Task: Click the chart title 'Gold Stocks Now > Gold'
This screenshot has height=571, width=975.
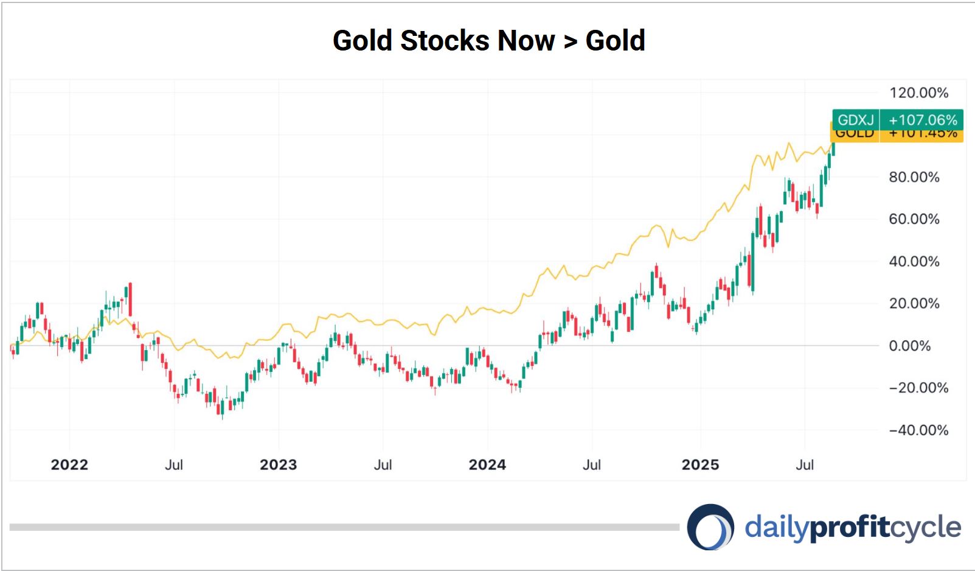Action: pyautogui.click(x=488, y=41)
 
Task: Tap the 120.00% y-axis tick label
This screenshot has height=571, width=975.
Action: pyautogui.click(x=918, y=93)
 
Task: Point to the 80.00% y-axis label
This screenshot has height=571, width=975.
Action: pyautogui.click(x=914, y=177)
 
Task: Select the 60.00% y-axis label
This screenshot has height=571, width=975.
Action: pyautogui.click(x=914, y=219)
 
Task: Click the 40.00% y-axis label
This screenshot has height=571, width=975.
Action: pyautogui.click(x=914, y=262)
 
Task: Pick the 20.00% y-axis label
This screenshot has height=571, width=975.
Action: pyautogui.click(x=914, y=304)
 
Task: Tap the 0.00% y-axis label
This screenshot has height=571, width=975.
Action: pyautogui.click(x=909, y=346)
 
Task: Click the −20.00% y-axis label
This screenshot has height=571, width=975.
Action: pyautogui.click(x=918, y=388)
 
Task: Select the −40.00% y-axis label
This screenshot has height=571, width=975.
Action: pyautogui.click(x=918, y=430)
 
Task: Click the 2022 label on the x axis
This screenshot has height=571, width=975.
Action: pyautogui.click(x=69, y=465)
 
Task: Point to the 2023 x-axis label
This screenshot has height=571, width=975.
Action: pyautogui.click(x=278, y=465)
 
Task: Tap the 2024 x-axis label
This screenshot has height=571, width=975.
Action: pyautogui.click(x=487, y=465)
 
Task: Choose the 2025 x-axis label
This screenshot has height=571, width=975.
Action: pyautogui.click(x=700, y=465)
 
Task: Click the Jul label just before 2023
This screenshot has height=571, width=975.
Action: pyautogui.click(x=174, y=465)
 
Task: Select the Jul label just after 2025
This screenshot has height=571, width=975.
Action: pyautogui.click(x=805, y=465)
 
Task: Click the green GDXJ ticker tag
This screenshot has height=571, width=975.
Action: pyautogui.click(x=855, y=120)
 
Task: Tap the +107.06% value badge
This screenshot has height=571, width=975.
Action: pyautogui.click(x=922, y=120)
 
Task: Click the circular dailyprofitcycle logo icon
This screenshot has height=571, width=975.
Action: pyautogui.click(x=710, y=527)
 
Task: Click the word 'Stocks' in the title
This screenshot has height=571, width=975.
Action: pyautogui.click(x=445, y=41)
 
